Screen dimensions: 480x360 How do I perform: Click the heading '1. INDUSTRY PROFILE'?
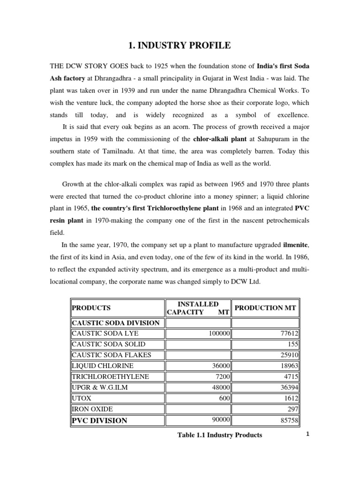tap(180, 45)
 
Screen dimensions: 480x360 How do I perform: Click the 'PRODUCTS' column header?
tap(91, 308)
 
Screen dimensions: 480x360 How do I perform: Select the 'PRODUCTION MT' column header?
tap(265, 307)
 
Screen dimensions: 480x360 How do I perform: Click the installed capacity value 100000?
tap(217, 333)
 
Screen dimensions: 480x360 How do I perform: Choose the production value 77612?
tap(288, 333)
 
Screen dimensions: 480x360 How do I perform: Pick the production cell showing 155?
tap(293, 344)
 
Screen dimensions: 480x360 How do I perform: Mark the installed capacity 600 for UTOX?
tap(223, 398)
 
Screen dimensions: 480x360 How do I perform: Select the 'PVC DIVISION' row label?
tap(99, 420)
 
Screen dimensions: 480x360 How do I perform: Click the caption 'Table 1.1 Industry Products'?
tap(219, 435)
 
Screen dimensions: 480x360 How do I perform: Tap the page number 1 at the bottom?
tap(307, 434)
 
